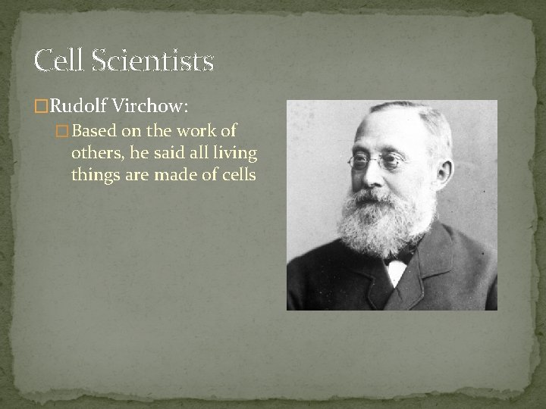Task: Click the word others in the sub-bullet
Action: pos(95,154)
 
